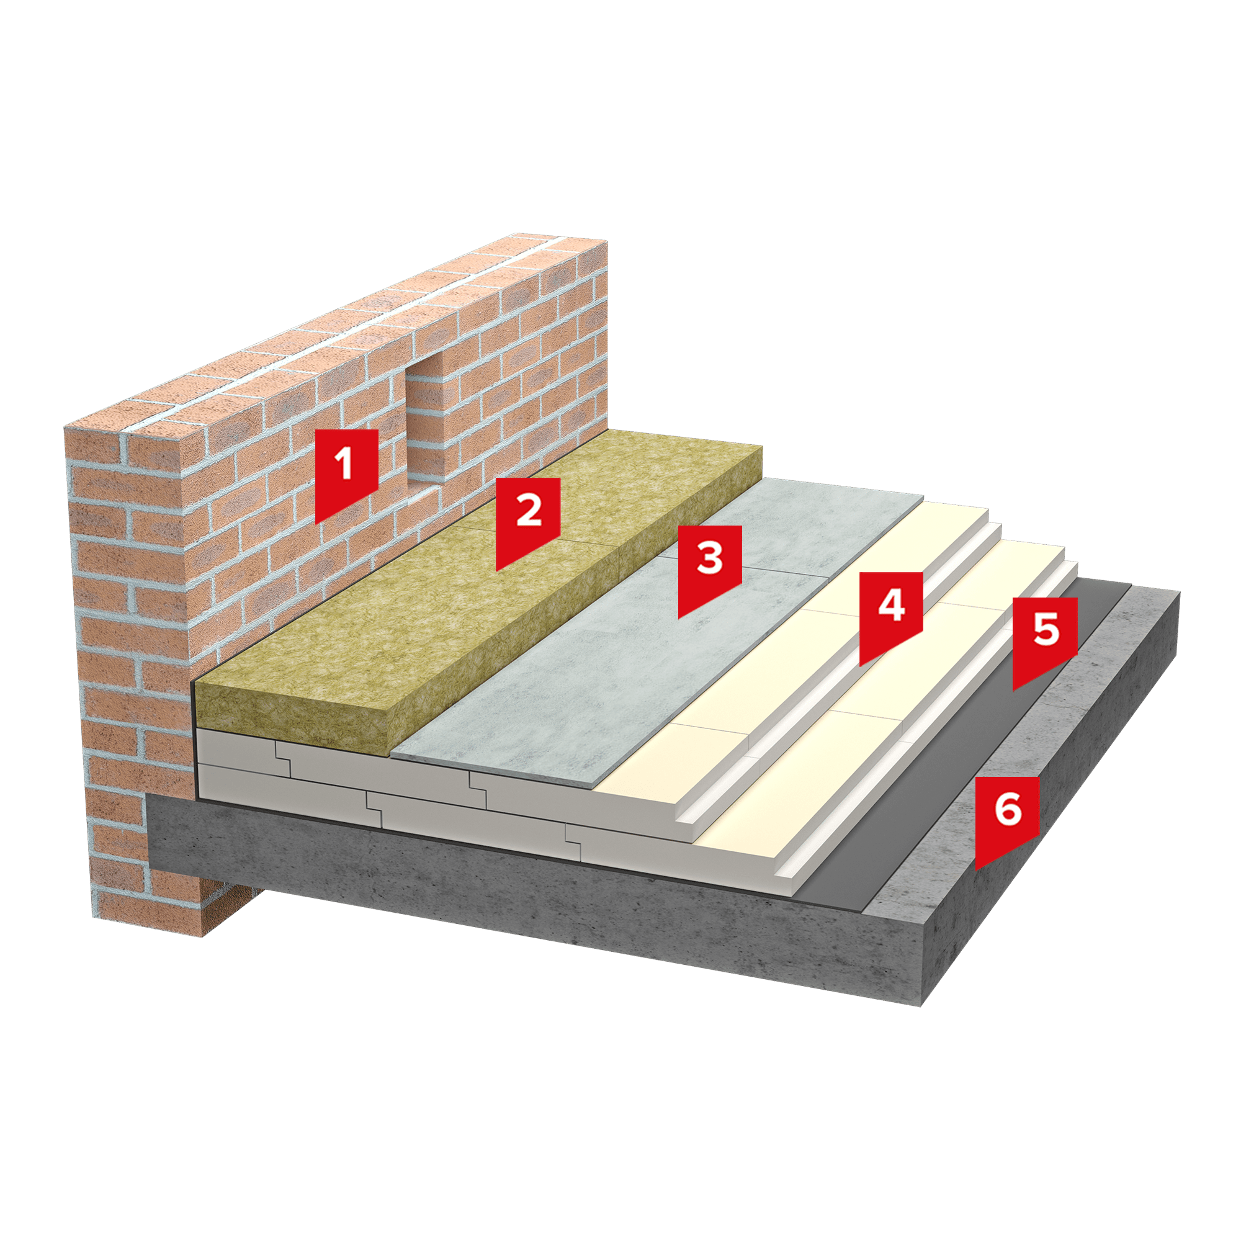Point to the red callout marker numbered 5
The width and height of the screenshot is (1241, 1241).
click(1045, 640)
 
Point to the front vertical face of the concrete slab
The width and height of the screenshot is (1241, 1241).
click(533, 899)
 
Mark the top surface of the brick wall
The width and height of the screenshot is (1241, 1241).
click(334, 334)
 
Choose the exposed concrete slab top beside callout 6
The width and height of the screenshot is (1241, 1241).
click(1028, 745)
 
